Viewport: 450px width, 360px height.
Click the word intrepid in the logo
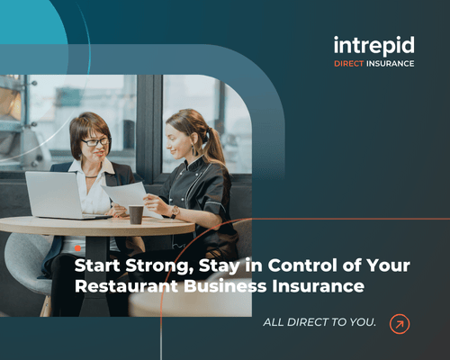(x=373, y=44)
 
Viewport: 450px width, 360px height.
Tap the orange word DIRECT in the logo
(x=351, y=64)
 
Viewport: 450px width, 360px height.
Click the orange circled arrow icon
(x=400, y=322)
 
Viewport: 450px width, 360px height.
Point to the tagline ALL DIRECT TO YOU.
(x=319, y=322)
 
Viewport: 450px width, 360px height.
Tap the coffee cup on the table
(x=136, y=214)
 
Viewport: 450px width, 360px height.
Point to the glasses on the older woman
(x=95, y=141)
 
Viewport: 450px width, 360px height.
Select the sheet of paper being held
(x=128, y=193)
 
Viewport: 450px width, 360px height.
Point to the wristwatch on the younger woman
(x=175, y=212)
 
